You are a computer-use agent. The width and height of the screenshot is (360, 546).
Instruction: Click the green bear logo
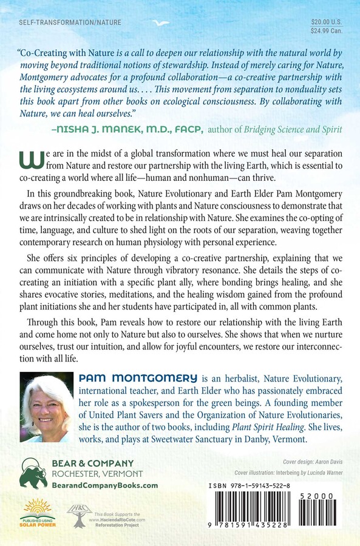coord(33,473)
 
